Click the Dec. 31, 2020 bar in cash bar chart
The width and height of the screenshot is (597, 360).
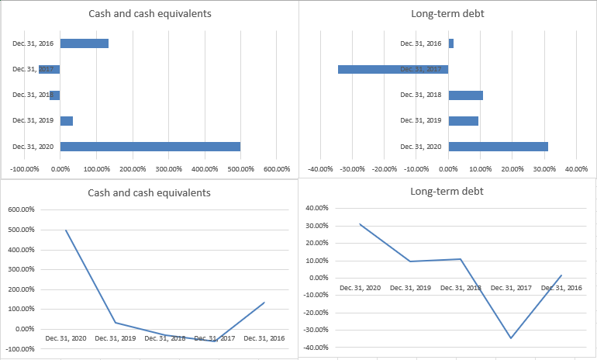(150, 146)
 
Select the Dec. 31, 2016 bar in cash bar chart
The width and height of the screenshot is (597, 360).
(84, 43)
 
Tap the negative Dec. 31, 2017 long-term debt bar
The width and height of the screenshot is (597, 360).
(392, 69)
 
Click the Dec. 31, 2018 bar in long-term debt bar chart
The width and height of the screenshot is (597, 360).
(465, 95)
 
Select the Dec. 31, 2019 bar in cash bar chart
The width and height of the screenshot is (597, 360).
(66, 120)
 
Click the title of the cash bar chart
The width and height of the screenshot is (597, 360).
(150, 14)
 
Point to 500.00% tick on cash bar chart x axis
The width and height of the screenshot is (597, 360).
(240, 168)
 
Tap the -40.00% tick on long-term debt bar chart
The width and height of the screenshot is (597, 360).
(320, 168)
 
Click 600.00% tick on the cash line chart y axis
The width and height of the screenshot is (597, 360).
(20, 209)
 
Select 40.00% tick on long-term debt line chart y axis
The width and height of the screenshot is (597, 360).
(318, 208)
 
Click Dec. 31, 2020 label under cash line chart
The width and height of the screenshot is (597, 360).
(65, 338)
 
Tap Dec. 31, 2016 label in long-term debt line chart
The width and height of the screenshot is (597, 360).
(561, 288)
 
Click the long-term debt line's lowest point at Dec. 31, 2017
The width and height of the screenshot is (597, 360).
(511, 338)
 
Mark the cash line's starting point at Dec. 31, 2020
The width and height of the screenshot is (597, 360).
(65, 230)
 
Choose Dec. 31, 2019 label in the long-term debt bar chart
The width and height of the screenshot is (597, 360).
(420, 120)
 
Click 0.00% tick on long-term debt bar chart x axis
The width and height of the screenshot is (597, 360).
(448, 168)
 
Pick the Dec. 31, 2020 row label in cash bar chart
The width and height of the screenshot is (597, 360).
(33, 146)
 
